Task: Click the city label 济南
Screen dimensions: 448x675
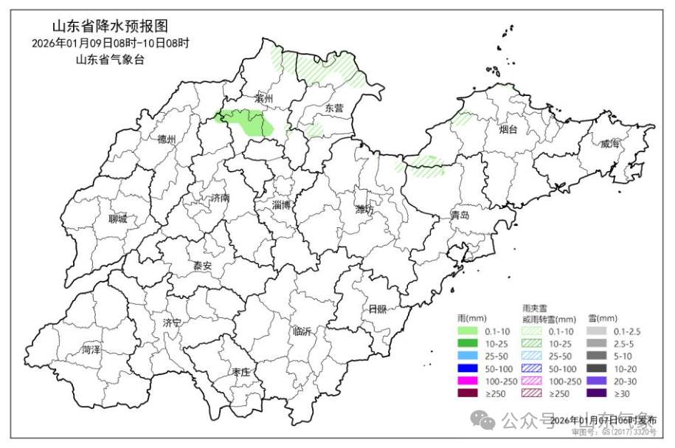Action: [220, 198]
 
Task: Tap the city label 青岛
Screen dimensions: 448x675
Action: [460, 216]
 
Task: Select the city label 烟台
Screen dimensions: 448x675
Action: [508, 130]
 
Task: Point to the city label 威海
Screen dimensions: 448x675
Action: [609, 144]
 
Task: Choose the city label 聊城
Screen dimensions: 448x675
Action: [117, 219]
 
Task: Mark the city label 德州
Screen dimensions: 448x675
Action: [167, 139]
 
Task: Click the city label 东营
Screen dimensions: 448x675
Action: [334, 108]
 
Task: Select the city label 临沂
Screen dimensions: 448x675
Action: [302, 331]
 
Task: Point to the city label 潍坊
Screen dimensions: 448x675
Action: [364, 210]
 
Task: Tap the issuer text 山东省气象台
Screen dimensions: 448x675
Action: [110, 59]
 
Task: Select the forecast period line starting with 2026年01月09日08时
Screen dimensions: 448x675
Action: [110, 43]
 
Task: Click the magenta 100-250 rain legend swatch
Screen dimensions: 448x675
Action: [468, 381]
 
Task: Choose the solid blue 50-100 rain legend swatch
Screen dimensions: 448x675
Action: [468, 368]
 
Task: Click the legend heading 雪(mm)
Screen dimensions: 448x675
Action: [603, 317]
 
